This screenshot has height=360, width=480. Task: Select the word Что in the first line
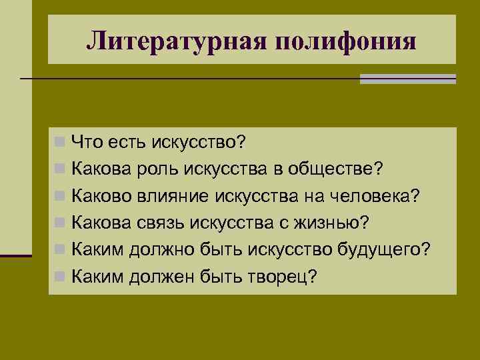tap(86, 141)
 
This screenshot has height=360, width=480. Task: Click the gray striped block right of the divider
tap(407, 79)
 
